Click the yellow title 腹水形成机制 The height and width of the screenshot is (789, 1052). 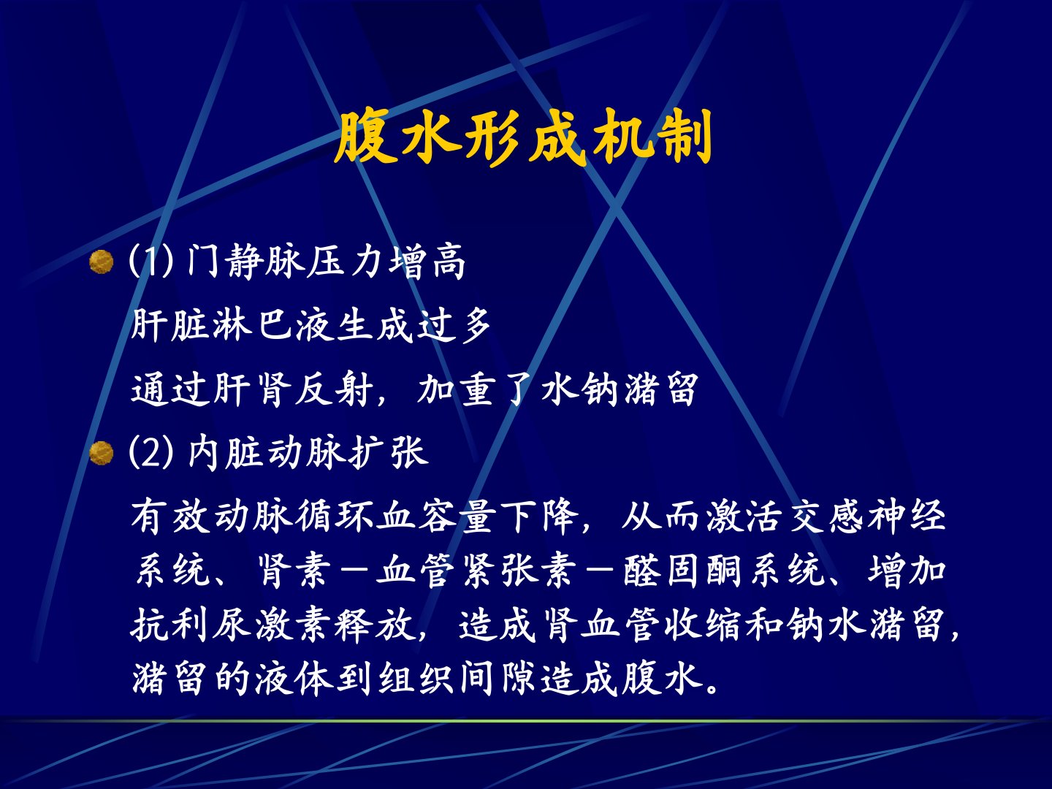pyautogui.click(x=523, y=137)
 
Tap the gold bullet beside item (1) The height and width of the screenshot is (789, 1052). pyautogui.click(x=102, y=262)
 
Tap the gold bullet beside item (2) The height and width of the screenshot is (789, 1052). pyautogui.click(x=102, y=453)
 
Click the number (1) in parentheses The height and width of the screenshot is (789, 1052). pyautogui.click(x=151, y=262)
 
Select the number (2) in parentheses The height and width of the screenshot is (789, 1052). pyautogui.click(x=151, y=453)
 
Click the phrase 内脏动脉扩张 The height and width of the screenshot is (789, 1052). pyautogui.click(x=308, y=453)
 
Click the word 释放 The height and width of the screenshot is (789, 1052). pyautogui.click(x=375, y=625)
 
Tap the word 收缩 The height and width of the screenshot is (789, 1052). pyautogui.click(x=704, y=625)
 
